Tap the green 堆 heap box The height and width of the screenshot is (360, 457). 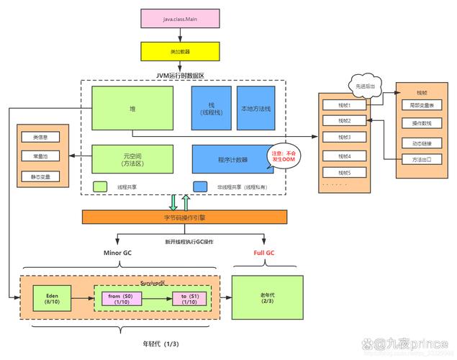click(132, 108)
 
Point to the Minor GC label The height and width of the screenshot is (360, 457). click(117, 253)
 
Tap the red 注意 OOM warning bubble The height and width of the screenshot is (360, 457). click(282, 158)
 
